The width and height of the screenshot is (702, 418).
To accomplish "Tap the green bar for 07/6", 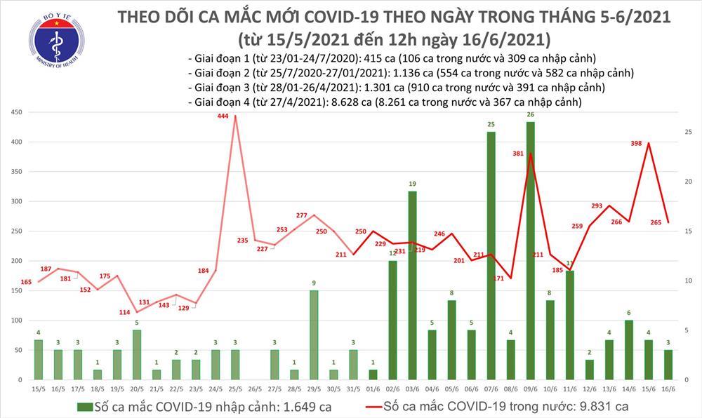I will [491, 255].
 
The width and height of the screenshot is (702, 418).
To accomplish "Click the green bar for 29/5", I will [314, 335].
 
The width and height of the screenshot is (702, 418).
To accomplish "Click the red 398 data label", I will [636, 144].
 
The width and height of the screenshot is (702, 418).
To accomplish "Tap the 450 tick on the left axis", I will [15, 112].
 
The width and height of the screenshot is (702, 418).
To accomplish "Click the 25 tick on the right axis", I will [687, 132].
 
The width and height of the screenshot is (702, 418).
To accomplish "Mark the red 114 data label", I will [124, 312].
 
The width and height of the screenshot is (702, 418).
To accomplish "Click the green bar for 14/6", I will [628, 349].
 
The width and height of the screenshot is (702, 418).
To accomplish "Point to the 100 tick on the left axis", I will [15, 320].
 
